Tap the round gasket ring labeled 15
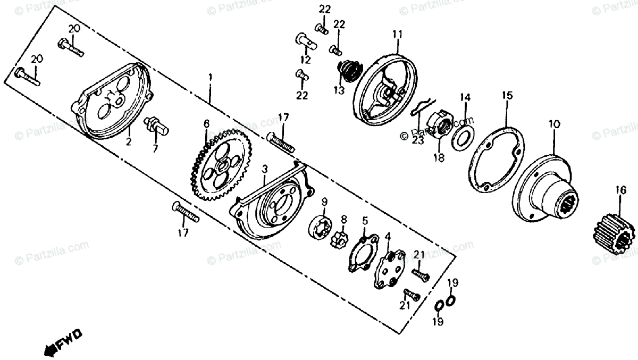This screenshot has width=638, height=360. coord(495,160)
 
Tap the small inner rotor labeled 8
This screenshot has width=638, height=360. coord(342,240)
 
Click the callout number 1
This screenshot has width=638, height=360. coord(210,78)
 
